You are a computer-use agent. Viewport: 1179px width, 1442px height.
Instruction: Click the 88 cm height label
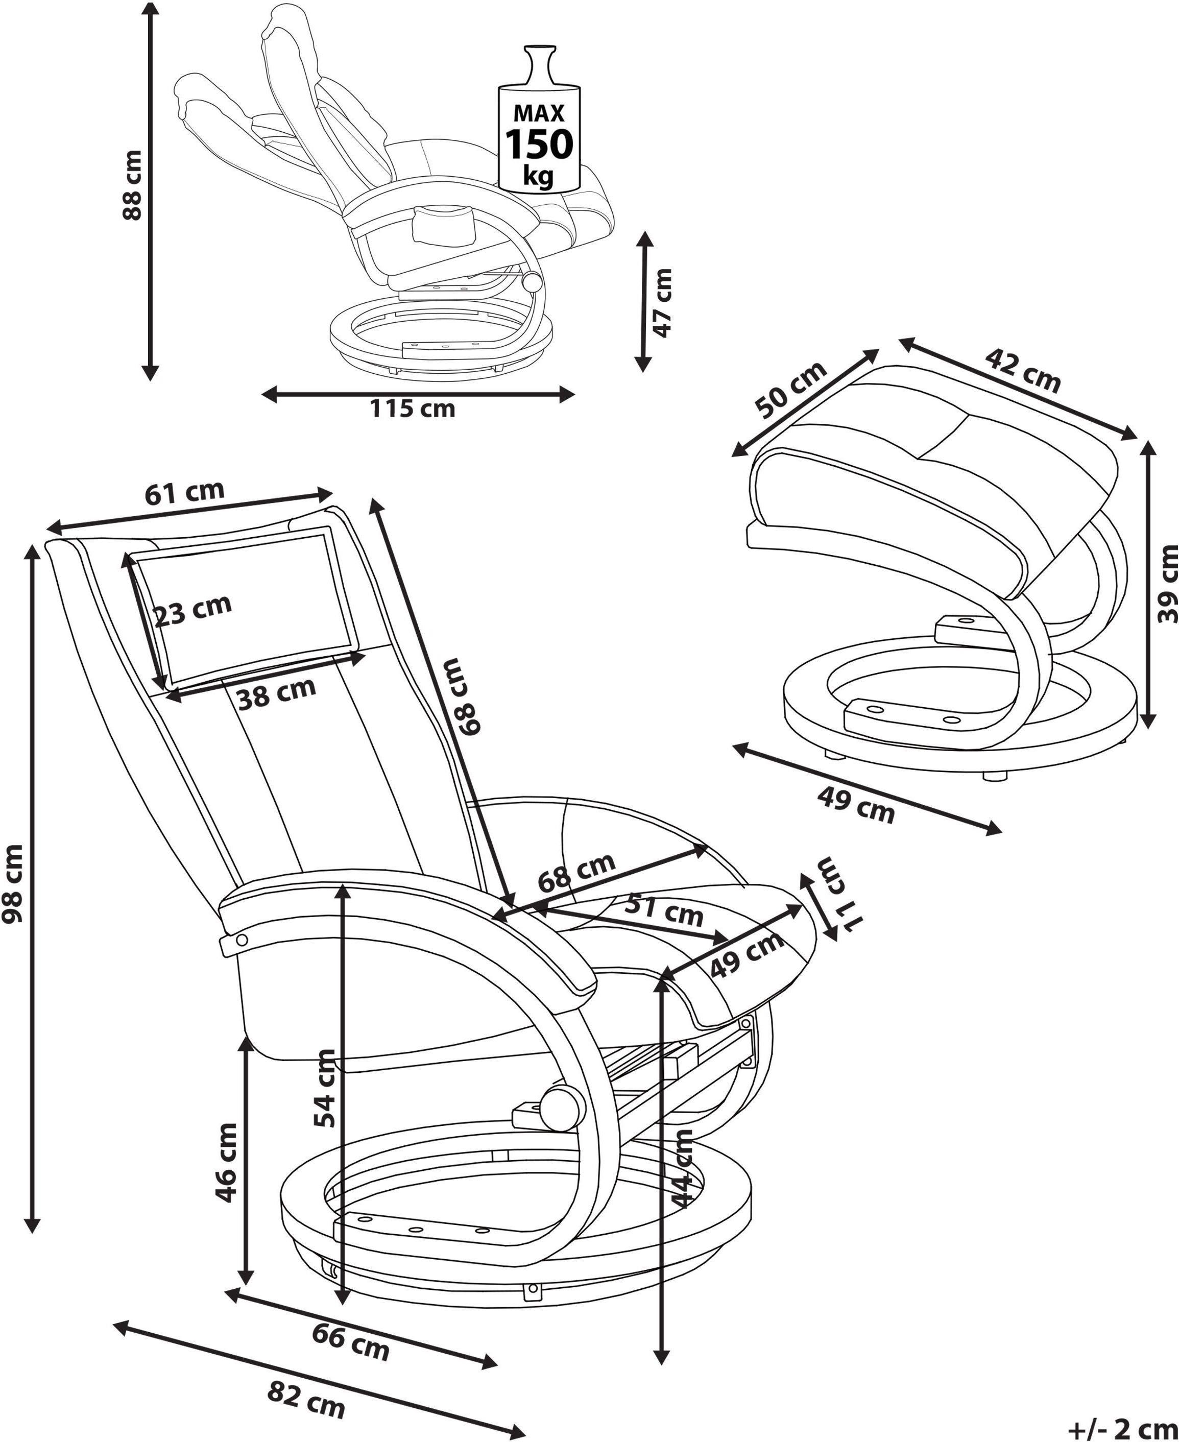[x=131, y=185]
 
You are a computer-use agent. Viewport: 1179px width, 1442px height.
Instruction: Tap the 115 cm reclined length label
[x=412, y=409]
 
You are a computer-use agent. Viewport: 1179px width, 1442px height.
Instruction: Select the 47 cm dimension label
[x=662, y=302]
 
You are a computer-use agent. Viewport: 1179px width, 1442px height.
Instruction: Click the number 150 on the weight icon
[x=539, y=143]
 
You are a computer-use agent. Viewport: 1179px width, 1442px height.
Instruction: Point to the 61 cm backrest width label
[x=184, y=492]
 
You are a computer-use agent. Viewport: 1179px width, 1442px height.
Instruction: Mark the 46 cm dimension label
[x=226, y=1162]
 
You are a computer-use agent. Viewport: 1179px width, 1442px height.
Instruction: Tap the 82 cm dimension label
[x=306, y=1399]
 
